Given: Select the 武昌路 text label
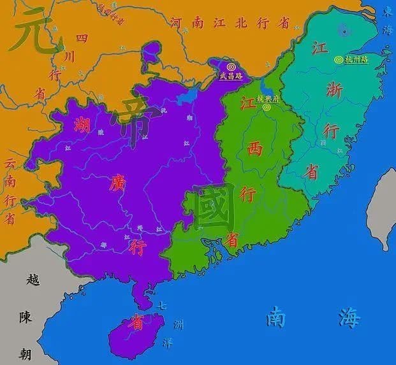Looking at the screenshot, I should tap(230, 76).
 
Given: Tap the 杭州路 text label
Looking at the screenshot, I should tap(356, 59).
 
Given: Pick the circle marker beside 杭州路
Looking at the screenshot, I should tap(338, 59).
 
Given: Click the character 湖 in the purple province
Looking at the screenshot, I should tap(81, 125).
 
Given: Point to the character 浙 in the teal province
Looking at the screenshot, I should tap(334, 91).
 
